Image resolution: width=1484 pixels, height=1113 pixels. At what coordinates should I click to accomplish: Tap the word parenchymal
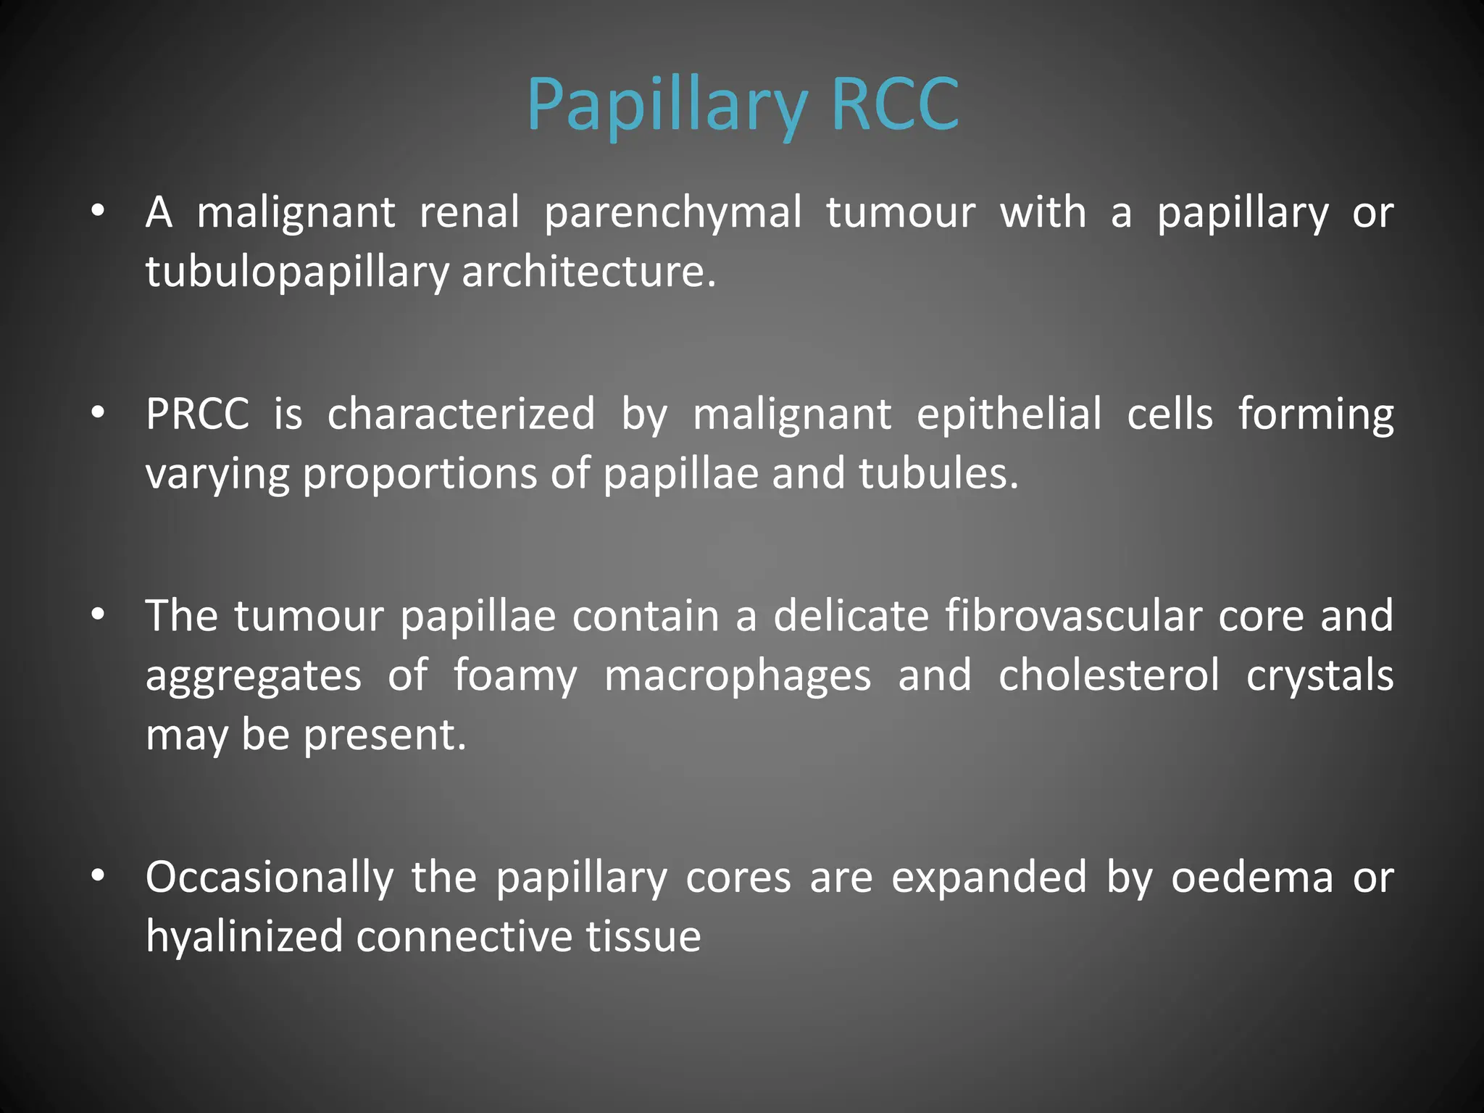pyautogui.click(x=673, y=214)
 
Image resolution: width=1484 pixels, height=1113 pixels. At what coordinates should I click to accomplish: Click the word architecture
pyautogui.click(x=588, y=272)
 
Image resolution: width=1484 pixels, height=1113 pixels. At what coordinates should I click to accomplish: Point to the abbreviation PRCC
pyautogui.click(x=197, y=414)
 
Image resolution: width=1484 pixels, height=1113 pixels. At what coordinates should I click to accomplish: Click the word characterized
pyautogui.click(x=461, y=414)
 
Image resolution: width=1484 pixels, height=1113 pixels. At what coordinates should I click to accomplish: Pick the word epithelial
pyautogui.click(x=1009, y=414)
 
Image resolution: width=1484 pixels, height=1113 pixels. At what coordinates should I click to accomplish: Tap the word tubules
pyautogui.click(x=938, y=474)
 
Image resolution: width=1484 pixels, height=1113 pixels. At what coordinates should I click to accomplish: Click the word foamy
pyautogui.click(x=515, y=676)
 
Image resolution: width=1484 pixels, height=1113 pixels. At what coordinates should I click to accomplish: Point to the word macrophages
pyautogui.click(x=738, y=676)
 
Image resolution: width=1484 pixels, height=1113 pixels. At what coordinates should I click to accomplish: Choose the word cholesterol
pyautogui.click(x=1109, y=675)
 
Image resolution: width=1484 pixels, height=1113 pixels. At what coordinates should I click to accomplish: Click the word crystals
pyautogui.click(x=1320, y=675)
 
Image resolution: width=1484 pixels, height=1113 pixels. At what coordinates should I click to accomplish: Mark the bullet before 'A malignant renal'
pyautogui.click(x=99, y=212)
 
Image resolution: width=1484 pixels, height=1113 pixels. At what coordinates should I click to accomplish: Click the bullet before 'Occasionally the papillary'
pyautogui.click(x=99, y=876)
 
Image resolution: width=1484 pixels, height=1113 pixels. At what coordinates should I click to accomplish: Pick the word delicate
pyautogui.click(x=851, y=616)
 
